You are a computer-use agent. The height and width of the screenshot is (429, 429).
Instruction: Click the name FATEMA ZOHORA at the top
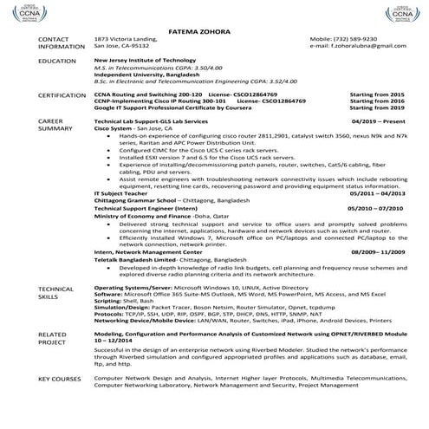(214, 26)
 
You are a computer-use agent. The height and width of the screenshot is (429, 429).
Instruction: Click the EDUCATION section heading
(56, 61)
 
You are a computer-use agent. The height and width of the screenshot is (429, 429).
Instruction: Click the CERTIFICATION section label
(62, 93)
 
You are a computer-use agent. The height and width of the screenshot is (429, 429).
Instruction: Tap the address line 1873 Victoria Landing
(126, 39)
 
